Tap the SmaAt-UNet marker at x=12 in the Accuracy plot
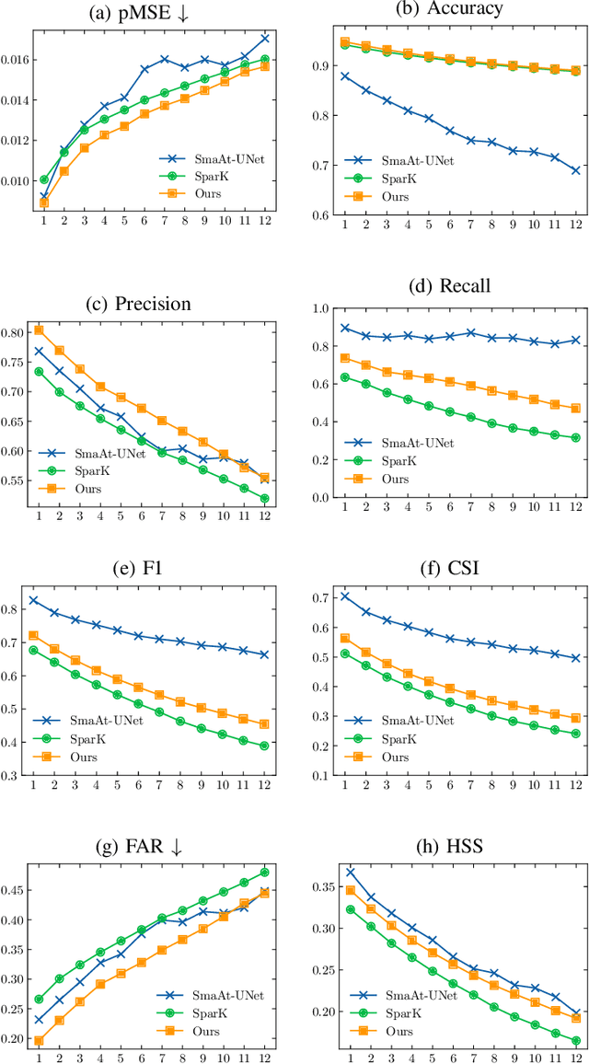575,170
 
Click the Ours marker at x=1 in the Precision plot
39,330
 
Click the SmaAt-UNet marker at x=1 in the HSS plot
350,872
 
